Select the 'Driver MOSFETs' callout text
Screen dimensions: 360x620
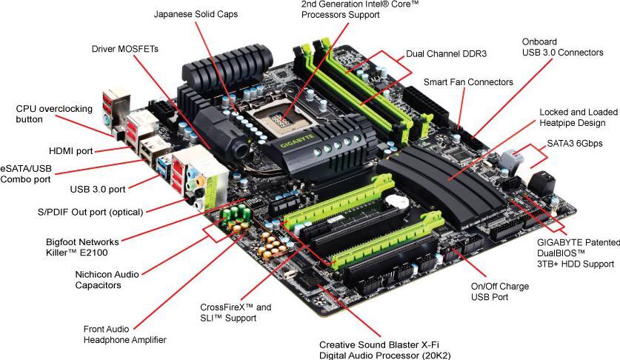pyautogui.click(x=125, y=49)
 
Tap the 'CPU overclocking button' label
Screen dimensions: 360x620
pyautogui.click(x=54, y=113)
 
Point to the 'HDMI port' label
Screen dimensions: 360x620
pyautogui.click(x=71, y=151)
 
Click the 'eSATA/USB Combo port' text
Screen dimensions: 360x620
pyautogui.click(x=36, y=173)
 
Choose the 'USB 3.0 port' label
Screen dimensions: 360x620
pyautogui.click(x=107, y=188)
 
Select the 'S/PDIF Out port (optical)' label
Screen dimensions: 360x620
pyautogui.click(x=90, y=212)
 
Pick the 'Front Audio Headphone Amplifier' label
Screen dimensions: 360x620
pyautogui.click(x=125, y=335)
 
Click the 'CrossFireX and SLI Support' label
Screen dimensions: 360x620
pyautogui.click(x=236, y=312)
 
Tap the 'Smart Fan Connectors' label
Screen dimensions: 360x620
pyautogui.click(x=468, y=82)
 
